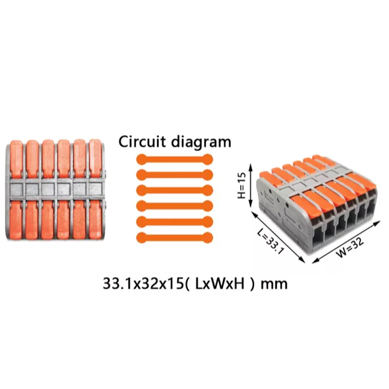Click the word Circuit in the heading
(142, 142)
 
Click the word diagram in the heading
(201, 142)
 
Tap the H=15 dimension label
(241, 186)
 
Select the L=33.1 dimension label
(270, 242)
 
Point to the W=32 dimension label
(350, 247)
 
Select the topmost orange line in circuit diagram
(175, 159)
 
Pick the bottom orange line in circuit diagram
(175, 237)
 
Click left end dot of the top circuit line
(141, 159)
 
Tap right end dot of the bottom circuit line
(208, 237)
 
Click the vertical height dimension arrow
(251, 186)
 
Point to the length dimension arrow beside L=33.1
(278, 236)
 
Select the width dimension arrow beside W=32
(346, 242)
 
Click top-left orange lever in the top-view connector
(17, 159)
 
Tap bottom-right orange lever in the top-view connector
(95, 220)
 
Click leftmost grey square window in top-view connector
(17, 189)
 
